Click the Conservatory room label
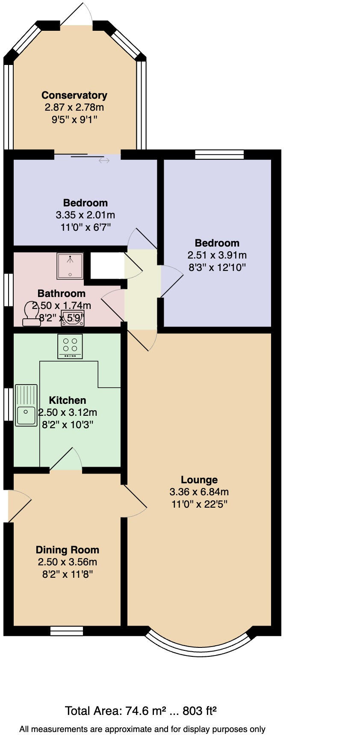74,95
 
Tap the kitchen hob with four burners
70,346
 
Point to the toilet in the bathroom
32,314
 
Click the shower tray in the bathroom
70,266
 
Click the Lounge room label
199,480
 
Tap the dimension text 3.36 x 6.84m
199,492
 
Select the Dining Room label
67,550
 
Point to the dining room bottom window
66,631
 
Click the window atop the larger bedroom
219,154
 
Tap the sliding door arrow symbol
104,161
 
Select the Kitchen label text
68,400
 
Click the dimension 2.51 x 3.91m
217,255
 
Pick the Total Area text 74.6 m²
141,711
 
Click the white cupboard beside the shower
107,266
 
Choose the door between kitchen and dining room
66,462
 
